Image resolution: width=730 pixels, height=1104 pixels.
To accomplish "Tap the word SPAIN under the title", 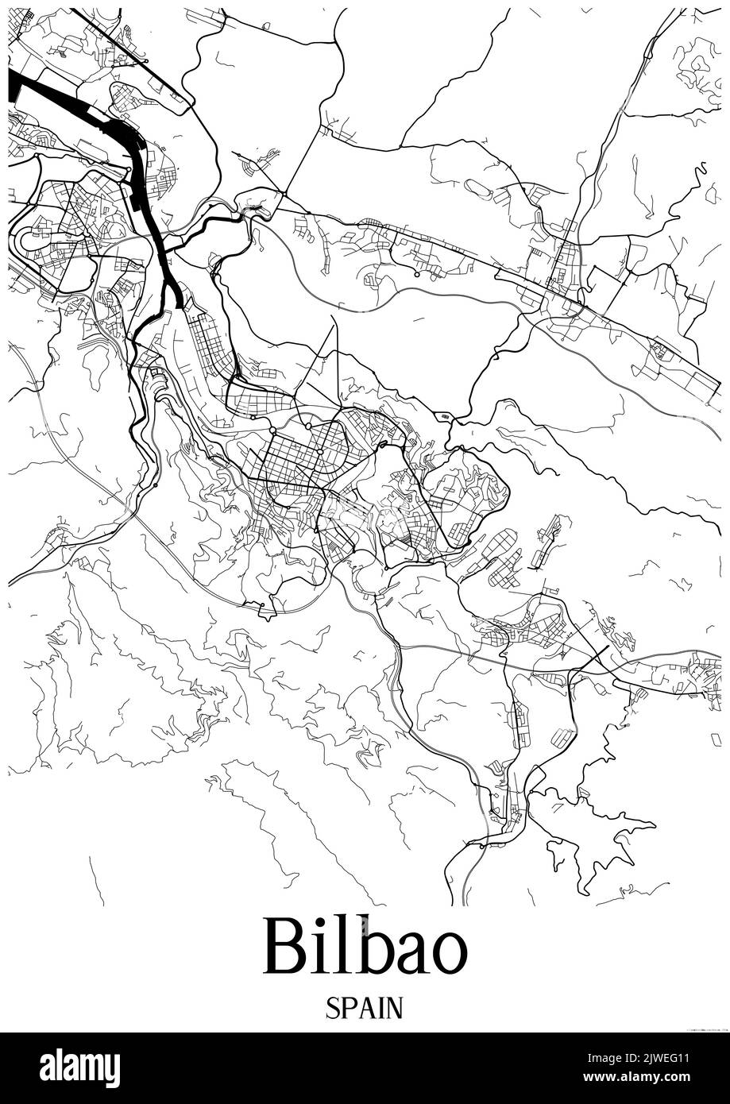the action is [x=365, y=1009].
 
